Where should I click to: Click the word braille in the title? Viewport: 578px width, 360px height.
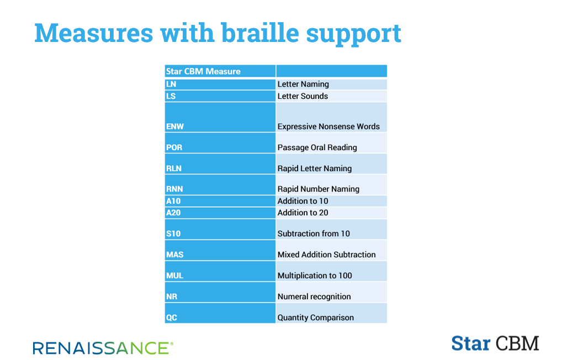click(x=259, y=33)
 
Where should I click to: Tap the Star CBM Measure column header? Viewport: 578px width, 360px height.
click(x=220, y=71)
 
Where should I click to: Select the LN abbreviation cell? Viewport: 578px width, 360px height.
click(x=220, y=84)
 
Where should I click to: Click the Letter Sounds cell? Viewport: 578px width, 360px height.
click(x=331, y=96)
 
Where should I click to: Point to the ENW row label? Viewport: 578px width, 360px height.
click(x=220, y=117)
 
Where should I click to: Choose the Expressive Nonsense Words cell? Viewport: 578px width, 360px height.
click(x=331, y=117)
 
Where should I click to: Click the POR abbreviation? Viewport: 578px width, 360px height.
click(x=174, y=147)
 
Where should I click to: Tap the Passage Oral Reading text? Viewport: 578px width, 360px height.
click(x=317, y=147)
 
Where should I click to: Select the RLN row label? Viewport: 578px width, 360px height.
click(x=220, y=164)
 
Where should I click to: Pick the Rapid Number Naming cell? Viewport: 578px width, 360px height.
click(x=331, y=185)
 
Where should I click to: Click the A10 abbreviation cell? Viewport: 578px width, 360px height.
click(x=220, y=201)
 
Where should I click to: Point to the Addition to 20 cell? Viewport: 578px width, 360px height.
click(x=331, y=213)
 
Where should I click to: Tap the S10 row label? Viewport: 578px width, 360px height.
click(x=220, y=230)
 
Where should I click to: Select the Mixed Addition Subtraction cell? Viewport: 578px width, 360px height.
click(x=331, y=251)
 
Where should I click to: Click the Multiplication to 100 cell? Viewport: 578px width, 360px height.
click(x=331, y=272)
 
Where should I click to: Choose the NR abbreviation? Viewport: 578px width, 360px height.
click(x=171, y=297)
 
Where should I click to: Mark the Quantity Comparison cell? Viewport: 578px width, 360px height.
click(x=331, y=313)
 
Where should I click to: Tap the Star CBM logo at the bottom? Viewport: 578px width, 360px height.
click(x=495, y=343)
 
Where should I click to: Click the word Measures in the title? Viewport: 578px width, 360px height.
click(x=94, y=33)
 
